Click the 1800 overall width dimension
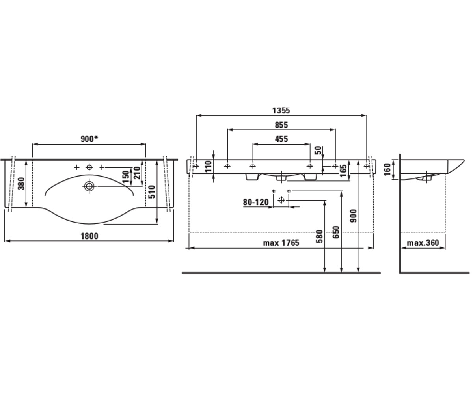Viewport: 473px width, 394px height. [x=89, y=236]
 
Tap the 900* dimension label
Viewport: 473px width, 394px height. [x=89, y=139]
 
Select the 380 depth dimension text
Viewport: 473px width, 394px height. [x=22, y=184]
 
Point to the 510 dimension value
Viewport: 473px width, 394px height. [x=151, y=192]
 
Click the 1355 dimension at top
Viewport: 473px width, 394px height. [x=281, y=110]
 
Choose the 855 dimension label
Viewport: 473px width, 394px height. [x=281, y=125]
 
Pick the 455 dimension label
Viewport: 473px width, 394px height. [x=281, y=139]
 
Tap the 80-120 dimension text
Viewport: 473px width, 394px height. [x=256, y=202]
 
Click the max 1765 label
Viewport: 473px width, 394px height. [x=281, y=243]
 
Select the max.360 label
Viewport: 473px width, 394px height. [x=423, y=243]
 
